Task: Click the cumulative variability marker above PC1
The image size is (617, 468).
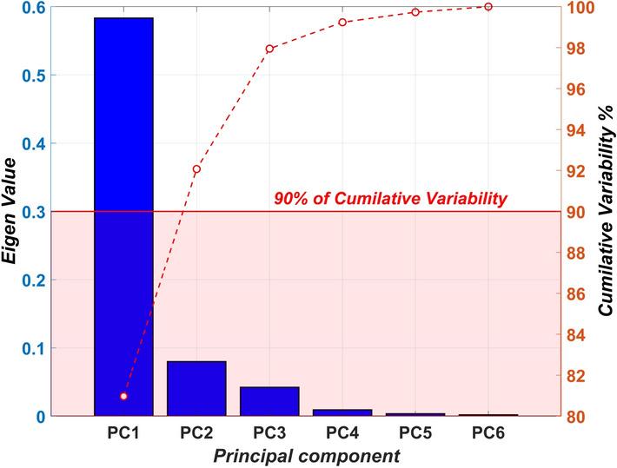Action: [x=123, y=396]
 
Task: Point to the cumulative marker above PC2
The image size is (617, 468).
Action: [x=196, y=169]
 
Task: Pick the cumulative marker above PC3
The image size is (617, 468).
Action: [x=269, y=49]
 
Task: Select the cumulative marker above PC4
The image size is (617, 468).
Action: [x=342, y=22]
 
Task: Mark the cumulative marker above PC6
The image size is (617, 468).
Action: [x=488, y=7]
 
